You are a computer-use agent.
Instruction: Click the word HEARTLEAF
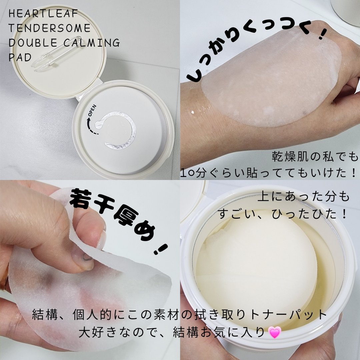43,14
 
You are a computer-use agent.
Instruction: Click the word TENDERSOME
49,28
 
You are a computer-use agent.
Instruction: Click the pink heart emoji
275,333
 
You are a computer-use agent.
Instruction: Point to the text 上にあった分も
304,197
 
